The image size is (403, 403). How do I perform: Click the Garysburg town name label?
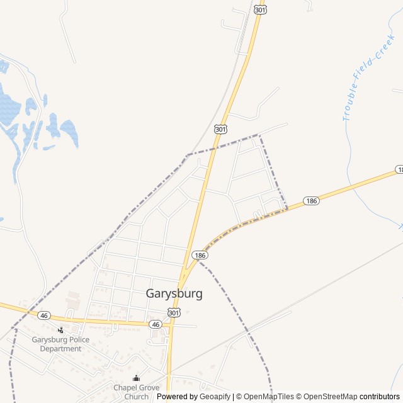pos(174,293)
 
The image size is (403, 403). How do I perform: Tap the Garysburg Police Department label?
pos(60,344)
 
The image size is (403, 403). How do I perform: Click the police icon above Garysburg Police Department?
pos(60,330)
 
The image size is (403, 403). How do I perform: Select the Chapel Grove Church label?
pos(136,392)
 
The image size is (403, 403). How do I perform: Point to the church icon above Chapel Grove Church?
pos(136,378)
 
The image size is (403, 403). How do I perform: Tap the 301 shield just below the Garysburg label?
pos(174,312)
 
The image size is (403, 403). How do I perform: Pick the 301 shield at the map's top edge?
pos(260,9)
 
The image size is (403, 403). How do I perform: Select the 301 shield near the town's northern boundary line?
pos(220,128)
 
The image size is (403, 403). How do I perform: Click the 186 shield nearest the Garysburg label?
pos(200,255)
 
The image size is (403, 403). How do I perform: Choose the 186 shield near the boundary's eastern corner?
pos(311,201)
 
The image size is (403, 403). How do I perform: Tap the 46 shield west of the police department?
pos(43,315)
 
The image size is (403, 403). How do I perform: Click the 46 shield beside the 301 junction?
pos(156,324)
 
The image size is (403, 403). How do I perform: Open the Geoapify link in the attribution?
pos(215,397)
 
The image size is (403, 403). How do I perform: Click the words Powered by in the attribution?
pos(177,397)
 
